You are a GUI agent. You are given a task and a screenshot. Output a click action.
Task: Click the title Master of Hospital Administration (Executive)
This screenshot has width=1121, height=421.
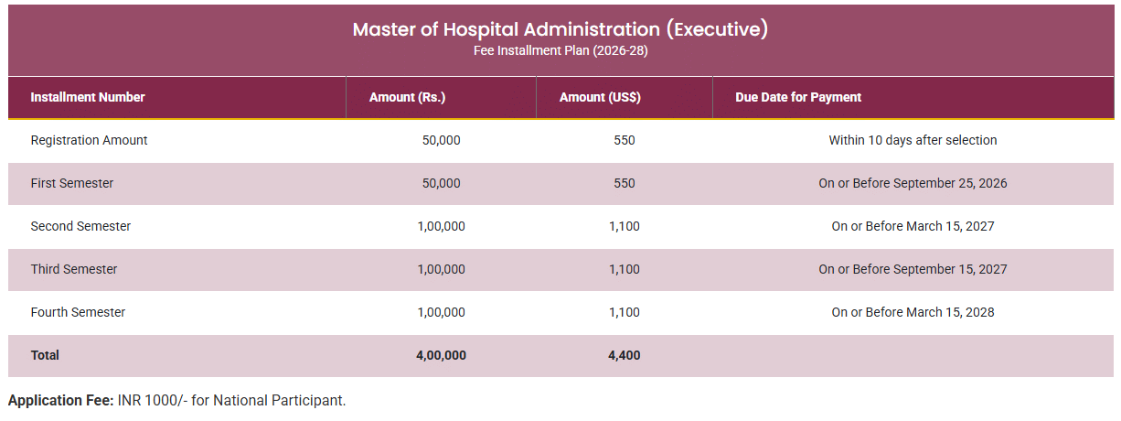(x=560, y=29)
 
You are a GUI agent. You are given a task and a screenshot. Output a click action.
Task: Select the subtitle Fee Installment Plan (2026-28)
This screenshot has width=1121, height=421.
(x=560, y=50)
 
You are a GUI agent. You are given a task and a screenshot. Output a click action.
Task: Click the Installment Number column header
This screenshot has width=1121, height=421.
(x=88, y=97)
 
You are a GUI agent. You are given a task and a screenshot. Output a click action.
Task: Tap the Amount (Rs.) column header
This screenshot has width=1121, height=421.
(x=407, y=97)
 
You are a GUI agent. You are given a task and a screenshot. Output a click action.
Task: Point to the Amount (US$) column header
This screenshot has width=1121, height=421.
(x=600, y=97)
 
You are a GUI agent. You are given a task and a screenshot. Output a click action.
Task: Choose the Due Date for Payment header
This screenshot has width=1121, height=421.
(x=798, y=97)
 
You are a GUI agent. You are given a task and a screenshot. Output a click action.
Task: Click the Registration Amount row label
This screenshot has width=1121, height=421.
(x=89, y=140)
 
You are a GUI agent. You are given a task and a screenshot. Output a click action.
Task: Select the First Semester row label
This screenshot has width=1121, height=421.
(x=72, y=183)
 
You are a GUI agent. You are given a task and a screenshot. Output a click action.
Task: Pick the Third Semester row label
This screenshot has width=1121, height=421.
(x=74, y=269)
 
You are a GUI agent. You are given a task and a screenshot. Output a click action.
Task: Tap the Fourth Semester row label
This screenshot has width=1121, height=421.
(x=78, y=312)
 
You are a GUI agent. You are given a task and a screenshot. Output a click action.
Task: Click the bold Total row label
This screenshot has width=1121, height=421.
(x=45, y=355)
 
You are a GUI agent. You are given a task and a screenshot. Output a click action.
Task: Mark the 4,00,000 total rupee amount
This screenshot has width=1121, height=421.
(x=441, y=355)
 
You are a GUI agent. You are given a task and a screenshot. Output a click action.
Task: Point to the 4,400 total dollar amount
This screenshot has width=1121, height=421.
(x=624, y=355)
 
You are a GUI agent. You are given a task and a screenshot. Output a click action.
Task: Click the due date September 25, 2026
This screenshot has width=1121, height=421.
(x=913, y=183)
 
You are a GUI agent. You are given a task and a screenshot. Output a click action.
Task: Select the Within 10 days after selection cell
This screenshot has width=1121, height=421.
(x=913, y=140)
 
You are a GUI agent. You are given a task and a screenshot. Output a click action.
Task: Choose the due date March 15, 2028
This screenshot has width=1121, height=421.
(x=913, y=312)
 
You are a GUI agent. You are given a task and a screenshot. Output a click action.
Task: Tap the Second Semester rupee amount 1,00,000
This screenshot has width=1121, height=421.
(x=441, y=226)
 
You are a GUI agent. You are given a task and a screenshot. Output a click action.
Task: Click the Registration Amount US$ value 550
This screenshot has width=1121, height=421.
(x=624, y=140)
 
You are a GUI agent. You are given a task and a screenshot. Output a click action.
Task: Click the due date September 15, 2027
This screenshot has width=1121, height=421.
(x=913, y=269)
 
